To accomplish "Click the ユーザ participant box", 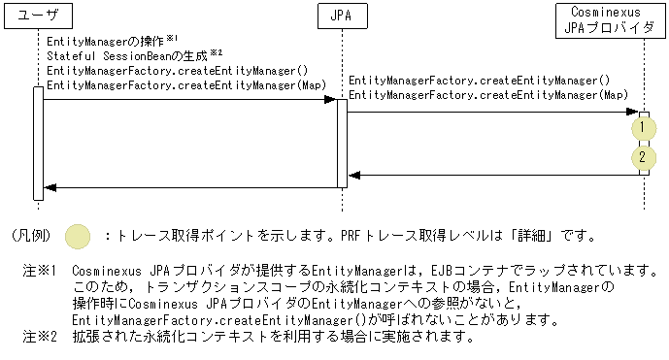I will pyautogui.click(x=38, y=17).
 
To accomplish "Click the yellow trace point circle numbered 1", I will pyautogui.click(x=643, y=127).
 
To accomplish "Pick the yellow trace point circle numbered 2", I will pyautogui.click(x=643, y=157).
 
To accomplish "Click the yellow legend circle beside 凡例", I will pyautogui.click(x=79, y=235).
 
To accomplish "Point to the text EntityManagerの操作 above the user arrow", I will pyautogui.click(x=106, y=43).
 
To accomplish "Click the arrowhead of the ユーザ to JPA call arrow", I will pyautogui.click(x=331, y=99).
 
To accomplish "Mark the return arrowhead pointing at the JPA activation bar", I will pyautogui.click(x=353, y=176).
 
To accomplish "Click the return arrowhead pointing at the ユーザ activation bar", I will pyautogui.click(x=50, y=187).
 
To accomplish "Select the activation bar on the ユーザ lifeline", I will pyautogui.click(x=38, y=143).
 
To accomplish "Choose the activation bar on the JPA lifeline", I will pyautogui.click(x=342, y=143).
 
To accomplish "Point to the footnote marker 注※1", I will pyautogui.click(x=42, y=268).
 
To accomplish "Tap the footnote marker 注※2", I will pyautogui.click(x=42, y=338).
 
